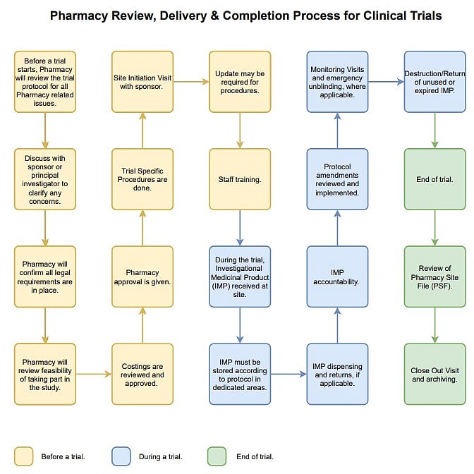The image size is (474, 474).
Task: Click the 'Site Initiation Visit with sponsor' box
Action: pyautogui.click(x=142, y=81)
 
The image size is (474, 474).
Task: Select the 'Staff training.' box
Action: pyautogui.click(x=239, y=179)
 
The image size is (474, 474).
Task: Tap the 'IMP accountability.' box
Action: pyautogui.click(x=336, y=276)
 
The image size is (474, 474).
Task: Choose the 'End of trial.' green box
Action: pyautogui.click(x=435, y=179)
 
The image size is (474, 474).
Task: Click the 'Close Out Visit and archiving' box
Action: pyautogui.click(x=435, y=374)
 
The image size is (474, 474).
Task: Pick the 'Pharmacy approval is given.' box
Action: pyautogui.click(x=142, y=276)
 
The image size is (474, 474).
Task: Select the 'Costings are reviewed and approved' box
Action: pyautogui.click(x=142, y=374)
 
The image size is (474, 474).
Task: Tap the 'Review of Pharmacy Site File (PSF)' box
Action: pyautogui.click(x=435, y=276)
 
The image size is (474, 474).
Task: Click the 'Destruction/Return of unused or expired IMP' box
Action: pyautogui.click(x=435, y=81)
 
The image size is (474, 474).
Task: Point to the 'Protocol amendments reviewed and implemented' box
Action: pyautogui.click(x=336, y=179)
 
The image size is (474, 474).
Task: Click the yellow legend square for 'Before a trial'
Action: pyautogui.click(x=23, y=456)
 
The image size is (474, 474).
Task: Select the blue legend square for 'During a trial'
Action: pyautogui.click(x=121, y=456)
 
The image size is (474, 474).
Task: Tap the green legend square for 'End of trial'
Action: pyautogui.click(x=217, y=456)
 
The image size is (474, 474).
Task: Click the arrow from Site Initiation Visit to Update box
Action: pyautogui.click(x=190, y=82)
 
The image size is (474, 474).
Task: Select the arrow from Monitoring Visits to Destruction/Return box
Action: pyautogui.click(x=386, y=82)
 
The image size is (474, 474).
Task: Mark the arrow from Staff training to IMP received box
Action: pyautogui.click(x=239, y=227)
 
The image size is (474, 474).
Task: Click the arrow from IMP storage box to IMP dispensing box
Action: pyautogui.click(x=288, y=375)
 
